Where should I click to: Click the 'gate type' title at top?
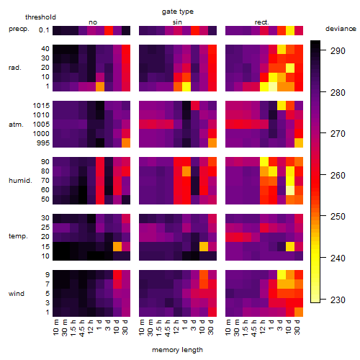(x=178, y=12)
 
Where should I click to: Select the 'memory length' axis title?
(x=177, y=350)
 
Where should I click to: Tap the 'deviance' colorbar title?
(x=341, y=29)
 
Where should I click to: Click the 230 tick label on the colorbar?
(x=338, y=300)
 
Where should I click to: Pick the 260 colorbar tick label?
(x=338, y=176)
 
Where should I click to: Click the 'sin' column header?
(x=177, y=22)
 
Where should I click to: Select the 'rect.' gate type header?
(x=262, y=22)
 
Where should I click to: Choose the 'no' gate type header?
(x=93, y=22)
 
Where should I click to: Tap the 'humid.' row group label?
(x=20, y=181)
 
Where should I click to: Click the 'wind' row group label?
(x=17, y=294)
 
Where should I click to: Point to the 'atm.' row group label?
(x=16, y=125)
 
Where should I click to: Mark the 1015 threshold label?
(x=41, y=106)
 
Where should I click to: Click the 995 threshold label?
(x=43, y=143)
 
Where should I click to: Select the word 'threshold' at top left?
(x=40, y=17)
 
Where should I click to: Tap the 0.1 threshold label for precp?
(x=44, y=30)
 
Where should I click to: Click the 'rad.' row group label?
(x=15, y=68)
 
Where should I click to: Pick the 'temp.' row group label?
(x=18, y=236)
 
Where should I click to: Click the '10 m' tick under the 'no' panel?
(x=55, y=328)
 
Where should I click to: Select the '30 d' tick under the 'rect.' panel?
(x=297, y=328)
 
